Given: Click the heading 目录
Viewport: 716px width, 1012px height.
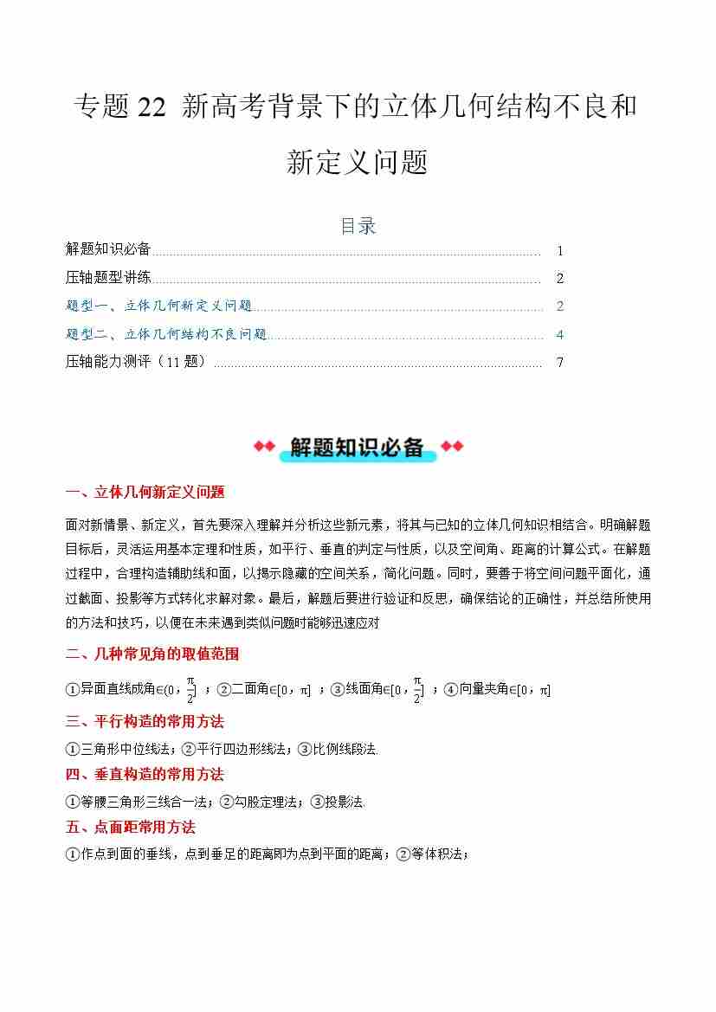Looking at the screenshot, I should pyautogui.click(x=358, y=226).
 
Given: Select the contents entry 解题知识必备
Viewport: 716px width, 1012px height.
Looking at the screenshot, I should pyautogui.click(x=108, y=249).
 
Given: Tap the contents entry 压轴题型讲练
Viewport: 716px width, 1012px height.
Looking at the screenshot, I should pyautogui.click(x=108, y=278).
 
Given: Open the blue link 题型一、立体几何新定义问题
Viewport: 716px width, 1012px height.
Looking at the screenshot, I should pyautogui.click(x=158, y=306).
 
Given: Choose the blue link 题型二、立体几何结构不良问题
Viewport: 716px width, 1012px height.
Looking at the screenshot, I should pyautogui.click(x=166, y=334).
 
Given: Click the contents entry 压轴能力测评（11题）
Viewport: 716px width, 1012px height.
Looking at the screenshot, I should pyautogui.click(x=136, y=362).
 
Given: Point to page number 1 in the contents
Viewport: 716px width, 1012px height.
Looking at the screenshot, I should pyautogui.click(x=560, y=251).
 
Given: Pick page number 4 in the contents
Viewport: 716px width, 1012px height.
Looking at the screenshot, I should pyautogui.click(x=560, y=334).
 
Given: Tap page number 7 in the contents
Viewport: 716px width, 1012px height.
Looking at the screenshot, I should pyautogui.click(x=560, y=363).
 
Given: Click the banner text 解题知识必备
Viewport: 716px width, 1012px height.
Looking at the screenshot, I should pyautogui.click(x=357, y=447).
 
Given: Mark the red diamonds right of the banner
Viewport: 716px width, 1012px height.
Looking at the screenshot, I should pyautogui.click(x=452, y=447).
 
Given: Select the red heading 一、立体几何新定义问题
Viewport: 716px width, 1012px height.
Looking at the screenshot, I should pyautogui.click(x=145, y=493).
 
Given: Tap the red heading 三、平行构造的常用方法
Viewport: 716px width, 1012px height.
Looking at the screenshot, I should pyautogui.click(x=145, y=721).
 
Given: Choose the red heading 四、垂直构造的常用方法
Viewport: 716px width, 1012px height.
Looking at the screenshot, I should pyautogui.click(x=145, y=774).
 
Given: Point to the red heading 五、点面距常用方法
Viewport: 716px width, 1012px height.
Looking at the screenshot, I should pyautogui.click(x=131, y=827).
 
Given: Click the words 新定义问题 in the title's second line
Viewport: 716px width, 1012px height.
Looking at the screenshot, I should pyautogui.click(x=357, y=162).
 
